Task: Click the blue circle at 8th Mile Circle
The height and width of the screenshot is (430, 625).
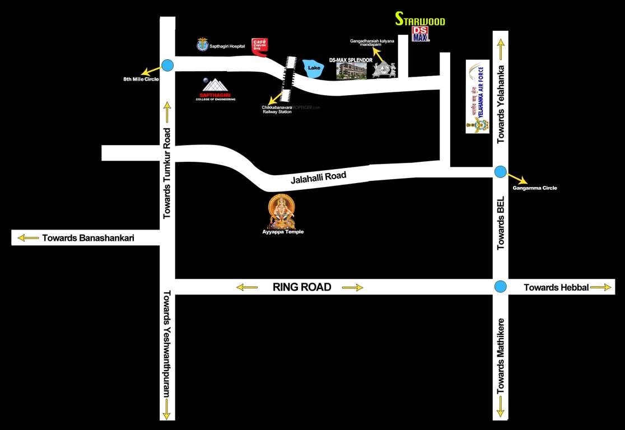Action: [x=167, y=65]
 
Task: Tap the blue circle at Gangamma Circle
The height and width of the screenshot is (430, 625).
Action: [x=500, y=172]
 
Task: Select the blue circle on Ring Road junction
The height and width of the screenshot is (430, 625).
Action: [x=501, y=287]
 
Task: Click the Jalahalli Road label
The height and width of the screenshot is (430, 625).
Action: [x=318, y=178]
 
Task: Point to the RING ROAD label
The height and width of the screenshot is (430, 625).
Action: [x=302, y=287]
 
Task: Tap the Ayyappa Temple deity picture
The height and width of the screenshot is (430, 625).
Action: [x=281, y=211]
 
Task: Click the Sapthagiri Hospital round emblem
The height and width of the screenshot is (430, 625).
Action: [x=202, y=45]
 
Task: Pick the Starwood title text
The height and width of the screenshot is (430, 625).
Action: [x=420, y=20]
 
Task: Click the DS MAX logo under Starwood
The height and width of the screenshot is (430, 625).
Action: [x=420, y=34]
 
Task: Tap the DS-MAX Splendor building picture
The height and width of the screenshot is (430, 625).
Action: [x=351, y=71]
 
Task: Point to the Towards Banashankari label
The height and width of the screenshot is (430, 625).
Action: [x=88, y=237]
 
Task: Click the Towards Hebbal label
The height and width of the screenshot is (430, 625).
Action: [x=556, y=287]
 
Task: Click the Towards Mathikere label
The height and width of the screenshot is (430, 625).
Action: [x=501, y=356]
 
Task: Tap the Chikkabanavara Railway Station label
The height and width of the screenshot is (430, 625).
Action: [x=277, y=109]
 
